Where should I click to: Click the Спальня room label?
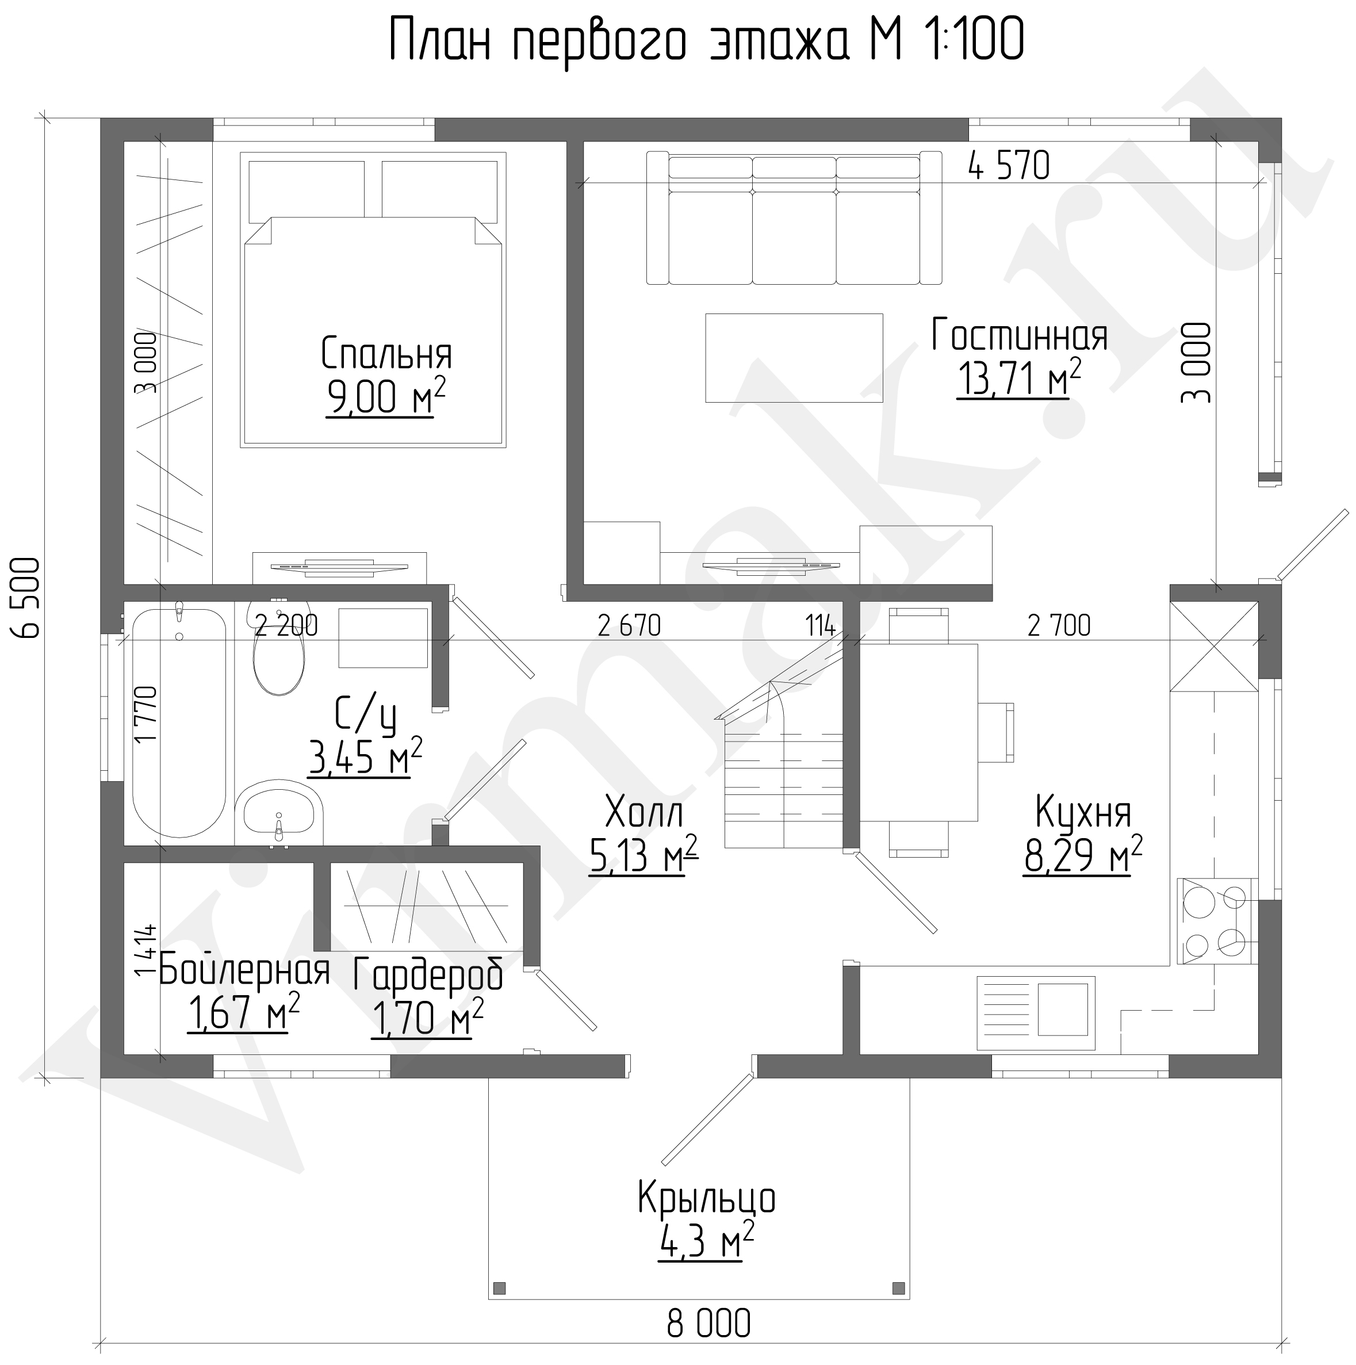(x=386, y=354)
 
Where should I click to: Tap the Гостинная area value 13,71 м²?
(x=1018, y=378)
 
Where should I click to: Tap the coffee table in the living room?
(x=794, y=358)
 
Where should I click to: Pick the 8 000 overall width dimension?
(x=708, y=1324)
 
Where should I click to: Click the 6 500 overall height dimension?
(x=28, y=598)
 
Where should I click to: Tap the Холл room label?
(x=644, y=813)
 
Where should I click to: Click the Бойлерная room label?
(x=244, y=971)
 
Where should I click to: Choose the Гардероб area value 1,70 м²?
(x=427, y=1018)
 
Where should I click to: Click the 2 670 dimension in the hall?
(x=629, y=625)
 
